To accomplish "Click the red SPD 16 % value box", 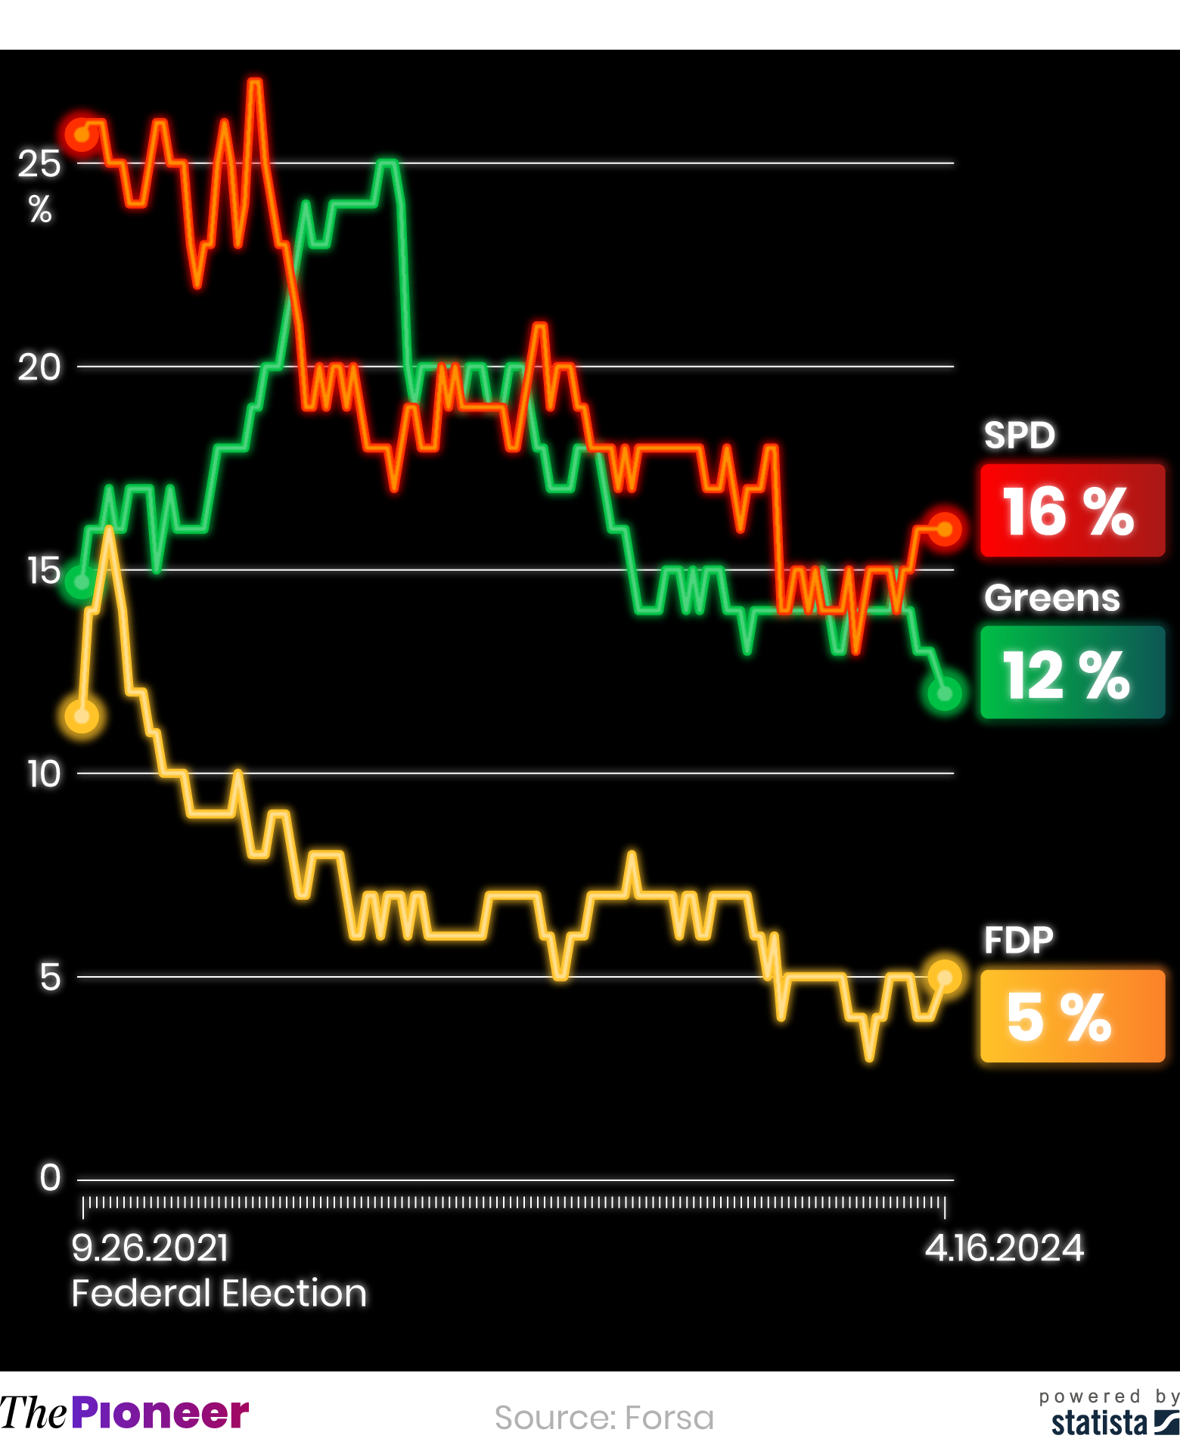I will (x=1072, y=511).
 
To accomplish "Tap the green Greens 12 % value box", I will (x=1072, y=672).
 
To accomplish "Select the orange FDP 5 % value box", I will (x=1072, y=1016).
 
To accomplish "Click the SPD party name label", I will (x=1019, y=436).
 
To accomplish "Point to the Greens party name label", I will (x=1051, y=598).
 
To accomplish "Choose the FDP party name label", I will (x=1018, y=941).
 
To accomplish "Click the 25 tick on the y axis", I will (x=39, y=163).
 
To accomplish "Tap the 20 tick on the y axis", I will (x=39, y=367).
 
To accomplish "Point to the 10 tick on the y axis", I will (x=43, y=774).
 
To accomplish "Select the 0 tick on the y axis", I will (x=50, y=1178).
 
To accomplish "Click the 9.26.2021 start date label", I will (x=150, y=1248).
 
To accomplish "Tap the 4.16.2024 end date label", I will (x=1005, y=1248).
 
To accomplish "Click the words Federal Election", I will (x=219, y=1293).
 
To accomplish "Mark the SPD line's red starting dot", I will (x=81, y=135).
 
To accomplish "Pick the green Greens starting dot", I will (x=81, y=582).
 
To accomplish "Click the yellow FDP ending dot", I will (x=945, y=977).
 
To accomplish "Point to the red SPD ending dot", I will (x=945, y=529).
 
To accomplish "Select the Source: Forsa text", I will (x=604, y=1418).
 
